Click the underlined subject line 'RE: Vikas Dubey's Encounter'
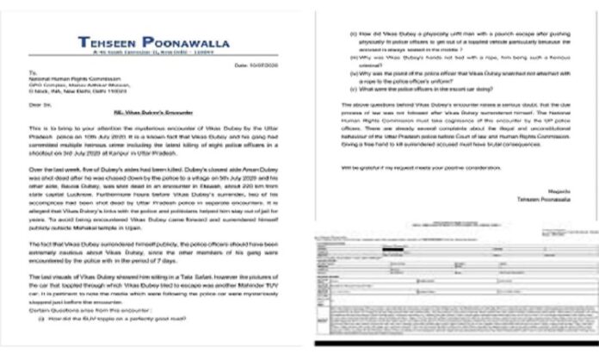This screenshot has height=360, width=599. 151,126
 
